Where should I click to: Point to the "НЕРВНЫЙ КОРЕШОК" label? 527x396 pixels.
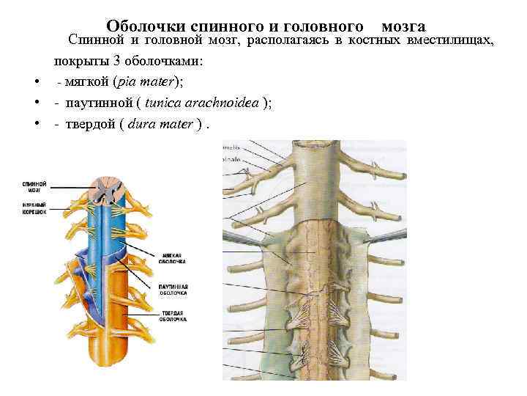coord(34,208)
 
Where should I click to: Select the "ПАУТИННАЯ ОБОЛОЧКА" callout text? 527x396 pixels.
coord(173,289)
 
